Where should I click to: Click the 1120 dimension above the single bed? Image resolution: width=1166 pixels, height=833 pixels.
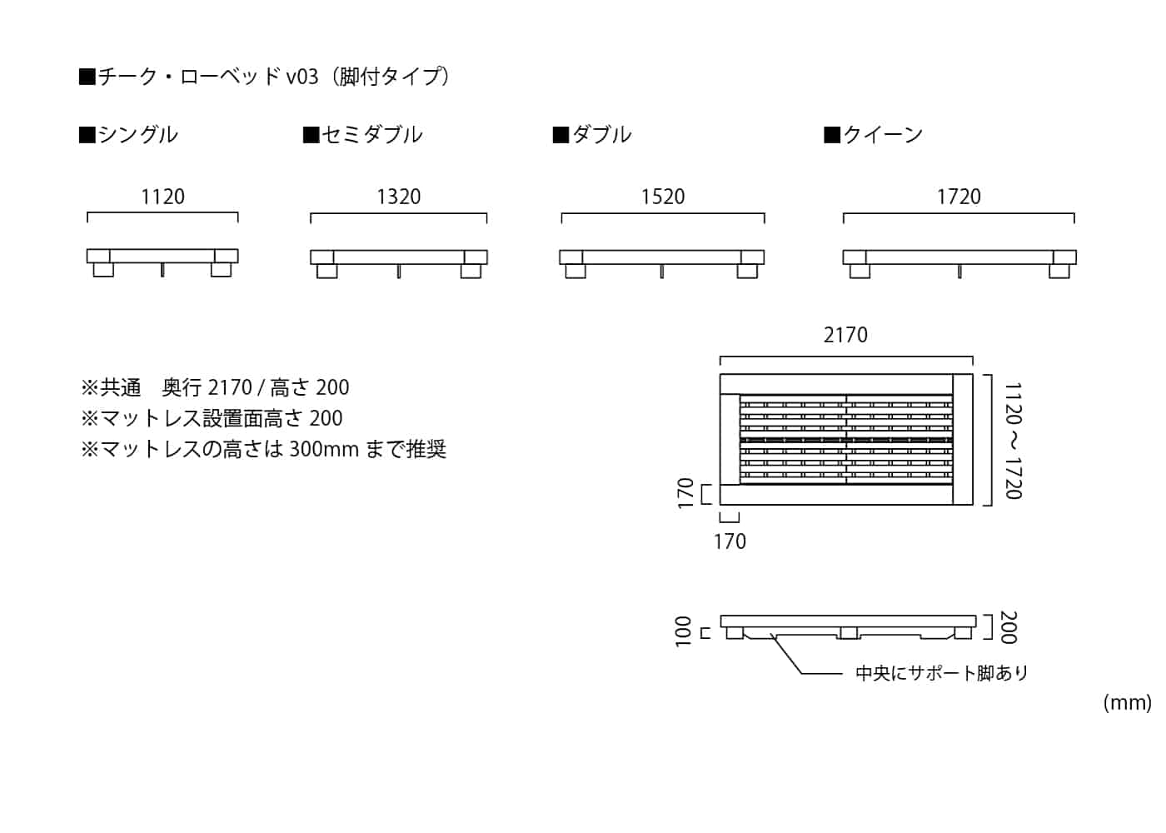coord(162,197)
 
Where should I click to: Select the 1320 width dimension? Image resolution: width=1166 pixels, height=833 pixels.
coord(398,197)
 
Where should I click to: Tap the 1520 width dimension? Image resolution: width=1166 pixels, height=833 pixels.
coord(663,197)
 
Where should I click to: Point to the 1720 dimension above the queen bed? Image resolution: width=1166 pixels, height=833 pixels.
coord(959,197)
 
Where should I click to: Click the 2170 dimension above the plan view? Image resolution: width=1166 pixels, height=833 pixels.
coord(845,335)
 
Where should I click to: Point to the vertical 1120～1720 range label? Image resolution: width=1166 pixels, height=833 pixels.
coord(1013,441)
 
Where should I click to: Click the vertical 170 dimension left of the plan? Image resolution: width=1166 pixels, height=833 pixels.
coord(685,493)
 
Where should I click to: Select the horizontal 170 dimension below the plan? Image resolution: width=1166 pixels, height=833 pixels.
coord(730,541)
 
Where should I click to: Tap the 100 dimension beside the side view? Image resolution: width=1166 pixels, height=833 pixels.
coord(683,631)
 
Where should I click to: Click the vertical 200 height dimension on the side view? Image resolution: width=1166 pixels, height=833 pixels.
coord(1008,627)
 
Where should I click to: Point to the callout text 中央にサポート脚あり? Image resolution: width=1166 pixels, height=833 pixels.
coord(941,673)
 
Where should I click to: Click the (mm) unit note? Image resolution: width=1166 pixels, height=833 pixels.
coord(1127,702)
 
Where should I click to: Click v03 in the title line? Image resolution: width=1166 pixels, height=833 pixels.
coord(302,77)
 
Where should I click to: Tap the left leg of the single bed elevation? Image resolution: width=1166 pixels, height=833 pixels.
coord(103,270)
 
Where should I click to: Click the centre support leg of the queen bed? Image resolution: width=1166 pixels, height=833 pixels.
coord(959,272)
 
